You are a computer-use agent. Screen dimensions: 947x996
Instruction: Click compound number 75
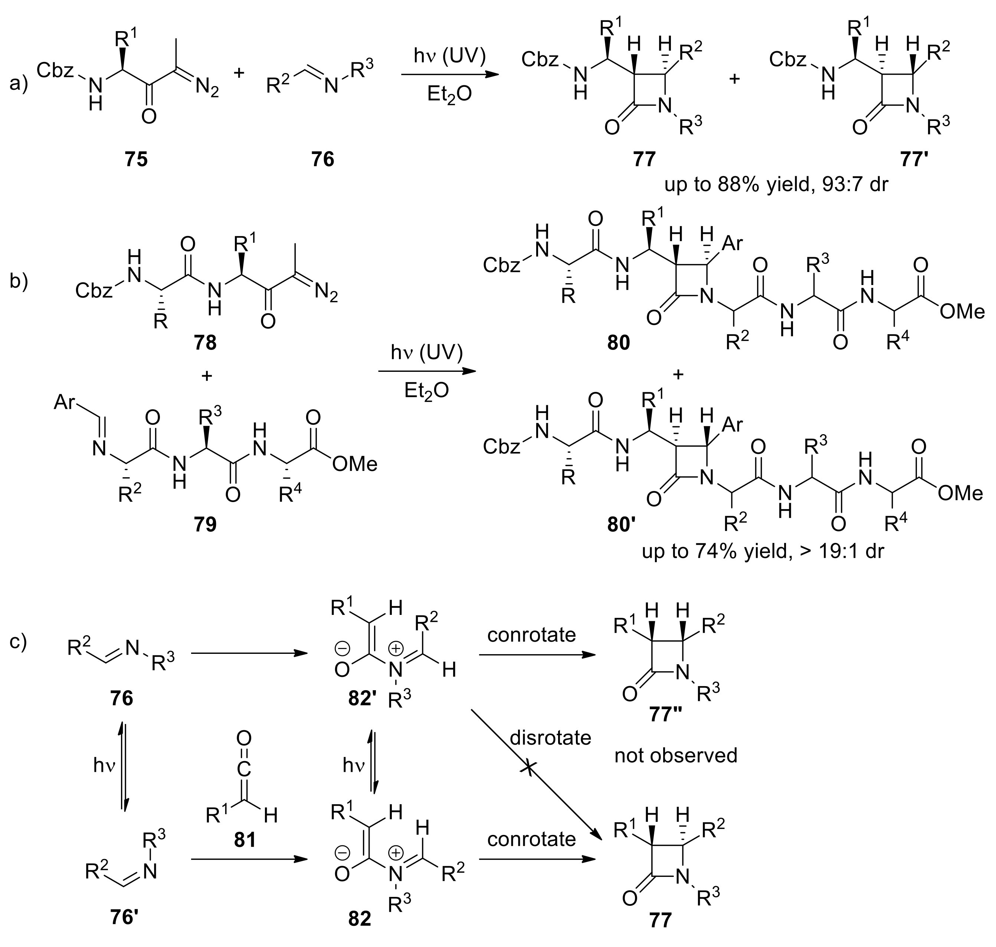click(x=136, y=160)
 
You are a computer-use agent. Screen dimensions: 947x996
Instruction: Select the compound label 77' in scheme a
click(x=915, y=160)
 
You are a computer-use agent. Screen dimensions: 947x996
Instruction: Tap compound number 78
click(x=205, y=343)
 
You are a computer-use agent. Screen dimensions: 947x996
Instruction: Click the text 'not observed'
click(x=675, y=755)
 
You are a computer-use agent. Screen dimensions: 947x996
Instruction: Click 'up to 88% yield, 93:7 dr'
click(x=776, y=185)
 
